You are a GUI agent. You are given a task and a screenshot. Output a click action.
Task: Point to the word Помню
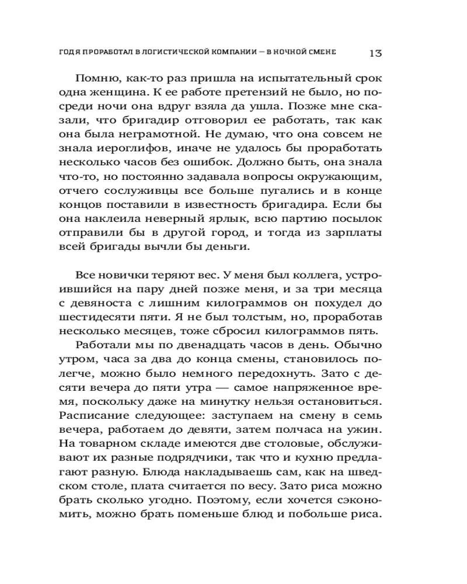(95, 79)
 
